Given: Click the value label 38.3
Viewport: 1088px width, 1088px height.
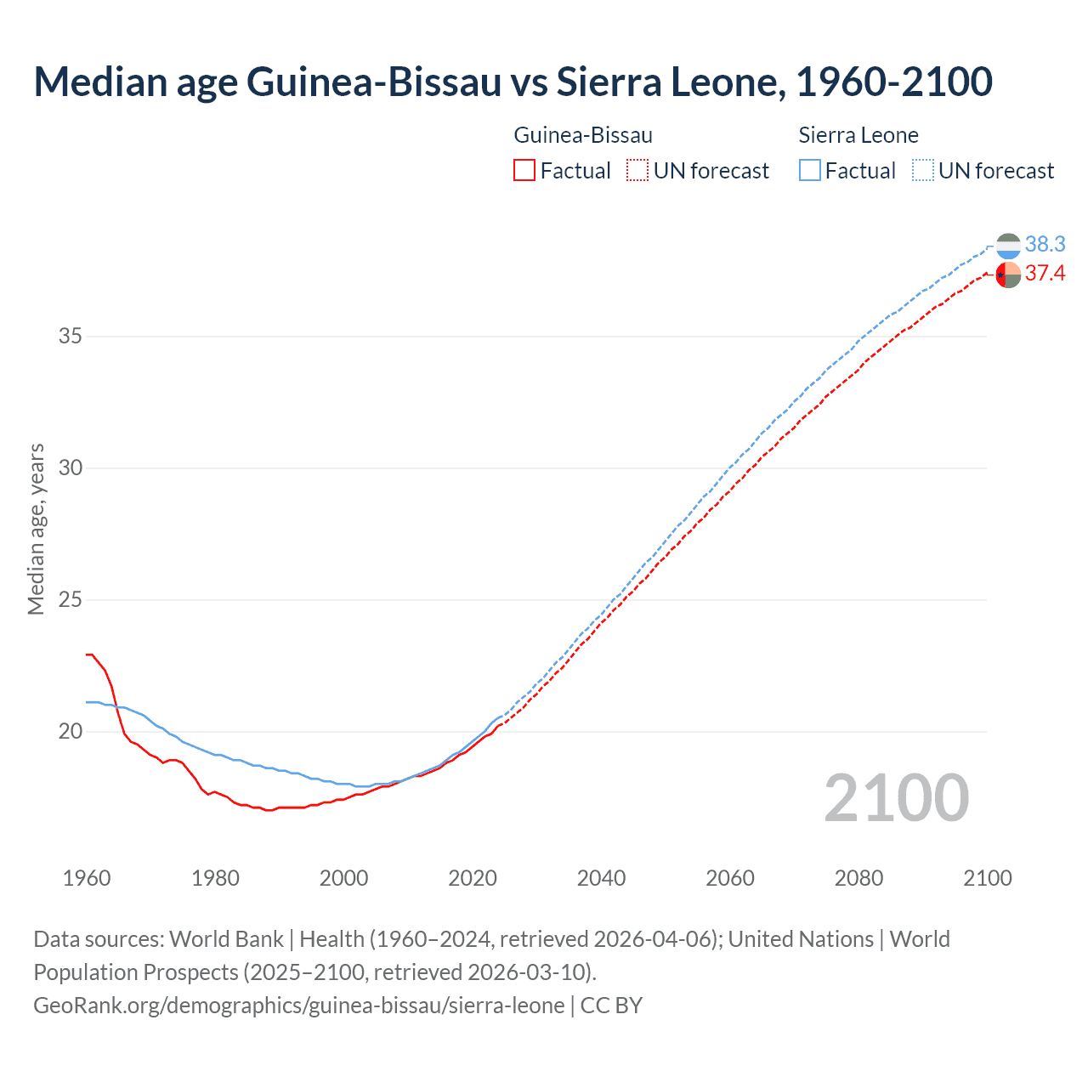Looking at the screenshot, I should [1045, 245].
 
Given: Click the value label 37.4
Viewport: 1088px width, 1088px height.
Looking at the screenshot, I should [1045, 274].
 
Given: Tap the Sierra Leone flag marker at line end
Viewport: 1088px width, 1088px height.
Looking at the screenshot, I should [1008, 246].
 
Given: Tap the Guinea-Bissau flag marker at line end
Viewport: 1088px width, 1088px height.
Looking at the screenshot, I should [1008, 275].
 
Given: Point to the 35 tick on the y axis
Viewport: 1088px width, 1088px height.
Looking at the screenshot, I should [71, 337].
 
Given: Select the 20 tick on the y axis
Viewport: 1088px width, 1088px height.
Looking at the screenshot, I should [71, 732].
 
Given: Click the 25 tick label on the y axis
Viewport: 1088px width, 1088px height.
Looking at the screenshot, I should [71, 600].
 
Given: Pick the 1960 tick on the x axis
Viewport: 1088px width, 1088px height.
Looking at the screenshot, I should [87, 878].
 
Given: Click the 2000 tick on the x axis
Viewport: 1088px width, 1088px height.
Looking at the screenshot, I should [344, 878].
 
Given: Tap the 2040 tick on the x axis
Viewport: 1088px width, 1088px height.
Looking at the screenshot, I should [602, 878].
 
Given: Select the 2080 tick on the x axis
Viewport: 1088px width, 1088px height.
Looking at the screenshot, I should [858, 878].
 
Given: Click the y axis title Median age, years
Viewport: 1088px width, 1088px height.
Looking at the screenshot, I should [36, 529].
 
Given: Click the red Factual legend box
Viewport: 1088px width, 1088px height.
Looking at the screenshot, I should [524, 171].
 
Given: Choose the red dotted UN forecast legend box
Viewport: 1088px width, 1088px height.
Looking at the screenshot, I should [637, 171].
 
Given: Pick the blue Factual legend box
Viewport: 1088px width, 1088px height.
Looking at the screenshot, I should [810, 171].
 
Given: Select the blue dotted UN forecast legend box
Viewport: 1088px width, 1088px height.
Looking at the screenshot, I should [923, 171].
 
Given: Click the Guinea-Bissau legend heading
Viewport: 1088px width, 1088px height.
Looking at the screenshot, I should [583, 135].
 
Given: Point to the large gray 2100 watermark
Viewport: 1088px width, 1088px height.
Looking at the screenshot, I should [896, 798].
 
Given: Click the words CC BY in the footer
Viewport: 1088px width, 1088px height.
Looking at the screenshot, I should [611, 1006].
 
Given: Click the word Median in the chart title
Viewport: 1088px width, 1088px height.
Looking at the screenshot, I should [99, 82].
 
